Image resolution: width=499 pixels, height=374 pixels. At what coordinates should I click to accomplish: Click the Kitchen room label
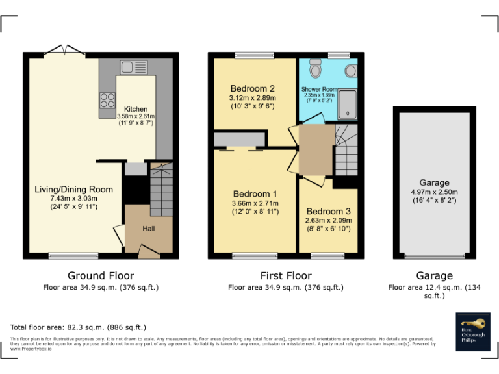[136, 109]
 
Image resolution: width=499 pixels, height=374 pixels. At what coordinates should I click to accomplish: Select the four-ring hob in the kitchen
[107, 101]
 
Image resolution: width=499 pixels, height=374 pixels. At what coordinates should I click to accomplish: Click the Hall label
[149, 229]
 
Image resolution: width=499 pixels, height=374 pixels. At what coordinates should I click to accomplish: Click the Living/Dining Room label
[73, 190]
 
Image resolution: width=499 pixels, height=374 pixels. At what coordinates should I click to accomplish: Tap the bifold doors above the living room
[65, 50]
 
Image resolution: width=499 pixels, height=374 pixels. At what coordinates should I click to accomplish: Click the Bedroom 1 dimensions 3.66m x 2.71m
[255, 203]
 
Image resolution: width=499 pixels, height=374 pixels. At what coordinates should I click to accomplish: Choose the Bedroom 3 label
[328, 211]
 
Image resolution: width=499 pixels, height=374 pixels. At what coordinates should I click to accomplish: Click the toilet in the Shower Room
[316, 69]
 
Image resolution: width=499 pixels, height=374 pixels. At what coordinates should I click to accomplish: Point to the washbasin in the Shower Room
[351, 69]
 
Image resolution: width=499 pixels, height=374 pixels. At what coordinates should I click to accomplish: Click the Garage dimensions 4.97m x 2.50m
[434, 192]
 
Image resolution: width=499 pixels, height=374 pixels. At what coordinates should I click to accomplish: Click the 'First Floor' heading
[285, 276]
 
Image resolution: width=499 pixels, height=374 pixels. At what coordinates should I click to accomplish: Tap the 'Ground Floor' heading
[101, 276]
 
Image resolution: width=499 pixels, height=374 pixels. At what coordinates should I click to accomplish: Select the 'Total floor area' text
[78, 327]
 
